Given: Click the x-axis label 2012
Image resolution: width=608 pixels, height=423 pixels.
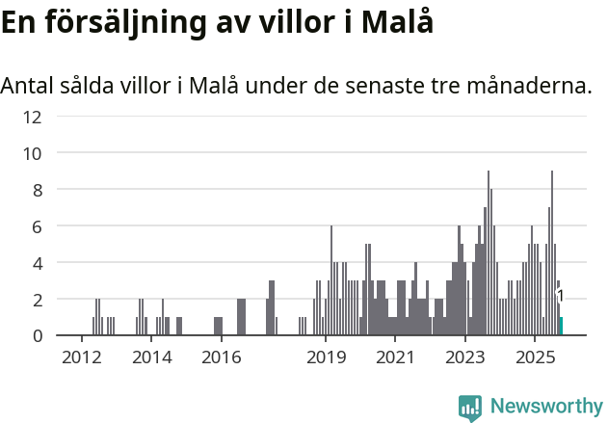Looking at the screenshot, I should pos(81,358).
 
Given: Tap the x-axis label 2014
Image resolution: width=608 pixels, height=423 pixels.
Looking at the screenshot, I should pos(151,358).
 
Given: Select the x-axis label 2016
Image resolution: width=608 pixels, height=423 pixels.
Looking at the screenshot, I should pos(221,358).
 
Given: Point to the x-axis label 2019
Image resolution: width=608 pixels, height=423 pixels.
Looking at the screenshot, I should pos(326,358).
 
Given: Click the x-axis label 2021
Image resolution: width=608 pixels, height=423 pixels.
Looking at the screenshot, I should pos(395,358).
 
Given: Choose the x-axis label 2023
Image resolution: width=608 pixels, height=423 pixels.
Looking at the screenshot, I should pos(465,358).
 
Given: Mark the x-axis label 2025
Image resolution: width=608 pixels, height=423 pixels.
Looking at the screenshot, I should pos(535,358).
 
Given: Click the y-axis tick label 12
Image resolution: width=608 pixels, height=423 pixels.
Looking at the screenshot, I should pos(32,117).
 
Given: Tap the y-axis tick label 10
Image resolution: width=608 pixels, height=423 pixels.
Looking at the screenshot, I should pos(32,153).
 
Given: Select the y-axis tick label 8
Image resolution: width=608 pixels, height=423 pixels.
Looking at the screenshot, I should pos(37,190).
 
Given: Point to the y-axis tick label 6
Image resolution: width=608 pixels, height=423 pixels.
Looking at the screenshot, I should pos(37,226).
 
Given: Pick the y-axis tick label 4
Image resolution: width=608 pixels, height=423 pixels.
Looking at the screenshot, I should pos(37,263).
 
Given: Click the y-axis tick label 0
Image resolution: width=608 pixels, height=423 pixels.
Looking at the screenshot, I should pos(37,335).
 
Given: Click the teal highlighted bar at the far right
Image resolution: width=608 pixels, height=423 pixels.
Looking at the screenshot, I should pos(561,327).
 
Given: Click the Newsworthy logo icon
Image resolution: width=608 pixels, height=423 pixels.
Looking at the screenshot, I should pos(470,408).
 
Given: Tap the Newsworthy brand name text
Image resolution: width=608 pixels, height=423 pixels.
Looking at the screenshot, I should pos(545,407).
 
